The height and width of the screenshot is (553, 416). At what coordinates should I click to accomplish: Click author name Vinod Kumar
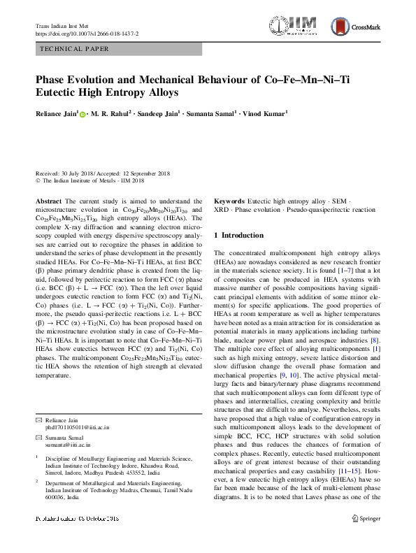(x=264, y=113)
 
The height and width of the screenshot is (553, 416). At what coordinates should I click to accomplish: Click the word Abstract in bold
(x=49, y=201)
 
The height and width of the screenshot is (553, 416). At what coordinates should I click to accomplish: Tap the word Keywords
(x=230, y=201)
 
